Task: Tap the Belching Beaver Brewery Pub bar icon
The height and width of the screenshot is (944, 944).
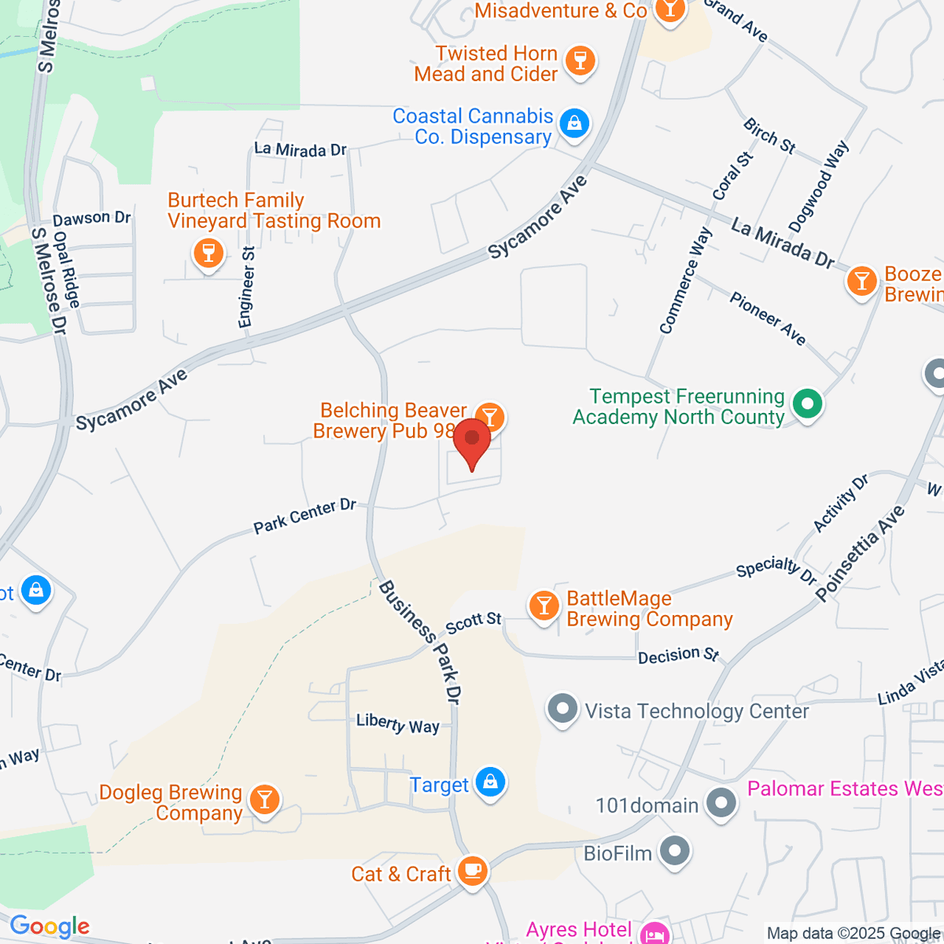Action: click(491, 415)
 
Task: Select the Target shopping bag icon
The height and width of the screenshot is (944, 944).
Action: click(490, 784)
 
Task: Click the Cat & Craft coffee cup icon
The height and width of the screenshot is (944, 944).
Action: click(472, 872)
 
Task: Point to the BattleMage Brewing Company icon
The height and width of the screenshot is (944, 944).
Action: click(543, 607)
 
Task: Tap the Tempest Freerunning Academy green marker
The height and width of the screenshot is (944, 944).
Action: click(806, 406)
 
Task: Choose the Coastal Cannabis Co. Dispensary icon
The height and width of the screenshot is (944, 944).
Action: click(575, 124)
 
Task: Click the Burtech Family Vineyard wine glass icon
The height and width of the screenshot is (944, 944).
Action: click(208, 253)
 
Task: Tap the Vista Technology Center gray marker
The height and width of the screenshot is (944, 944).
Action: click(562, 710)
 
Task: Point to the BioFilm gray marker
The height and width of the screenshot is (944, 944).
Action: click(674, 852)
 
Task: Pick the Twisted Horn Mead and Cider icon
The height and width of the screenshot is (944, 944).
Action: click(581, 61)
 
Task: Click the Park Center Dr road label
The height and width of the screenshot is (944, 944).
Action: click(304, 516)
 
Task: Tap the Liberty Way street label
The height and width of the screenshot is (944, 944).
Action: click(397, 723)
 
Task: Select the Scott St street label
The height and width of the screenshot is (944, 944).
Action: click(473, 622)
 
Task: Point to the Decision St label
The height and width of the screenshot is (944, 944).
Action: click(678, 655)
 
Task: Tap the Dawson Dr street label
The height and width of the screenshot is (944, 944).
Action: click(91, 218)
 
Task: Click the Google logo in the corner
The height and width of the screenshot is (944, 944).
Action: click(50, 927)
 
